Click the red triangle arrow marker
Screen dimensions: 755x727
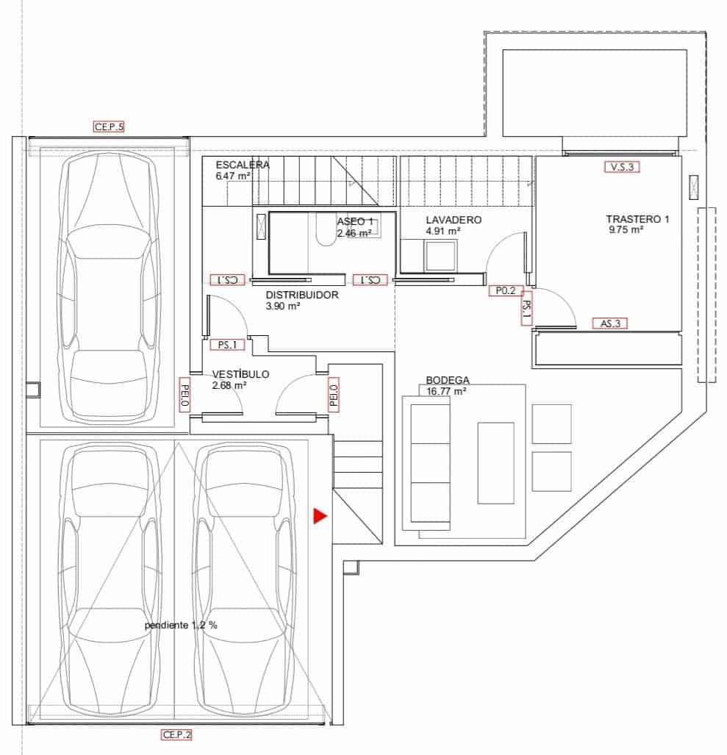tap(319, 516)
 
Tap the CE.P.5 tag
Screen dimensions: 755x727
tap(109, 126)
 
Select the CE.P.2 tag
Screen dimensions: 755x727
tap(176, 734)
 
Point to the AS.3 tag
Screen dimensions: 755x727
tap(610, 323)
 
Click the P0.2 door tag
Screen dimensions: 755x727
tap(506, 290)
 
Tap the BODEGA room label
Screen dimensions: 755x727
tap(447, 380)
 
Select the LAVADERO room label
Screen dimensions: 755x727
tap(454, 220)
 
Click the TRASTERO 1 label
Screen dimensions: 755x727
tap(637, 219)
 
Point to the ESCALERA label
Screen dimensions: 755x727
tap(243, 165)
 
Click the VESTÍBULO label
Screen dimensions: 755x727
tap(240, 374)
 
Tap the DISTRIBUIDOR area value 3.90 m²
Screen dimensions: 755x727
tap(283, 306)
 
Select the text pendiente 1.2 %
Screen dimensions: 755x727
tap(181, 625)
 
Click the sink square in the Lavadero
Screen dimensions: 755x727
tap(442, 257)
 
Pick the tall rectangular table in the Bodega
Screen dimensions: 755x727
tap(495, 462)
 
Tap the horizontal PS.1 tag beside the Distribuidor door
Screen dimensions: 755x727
tap(227, 344)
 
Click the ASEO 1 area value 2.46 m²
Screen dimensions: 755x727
tap(354, 233)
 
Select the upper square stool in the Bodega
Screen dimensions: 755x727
tap(551, 423)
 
